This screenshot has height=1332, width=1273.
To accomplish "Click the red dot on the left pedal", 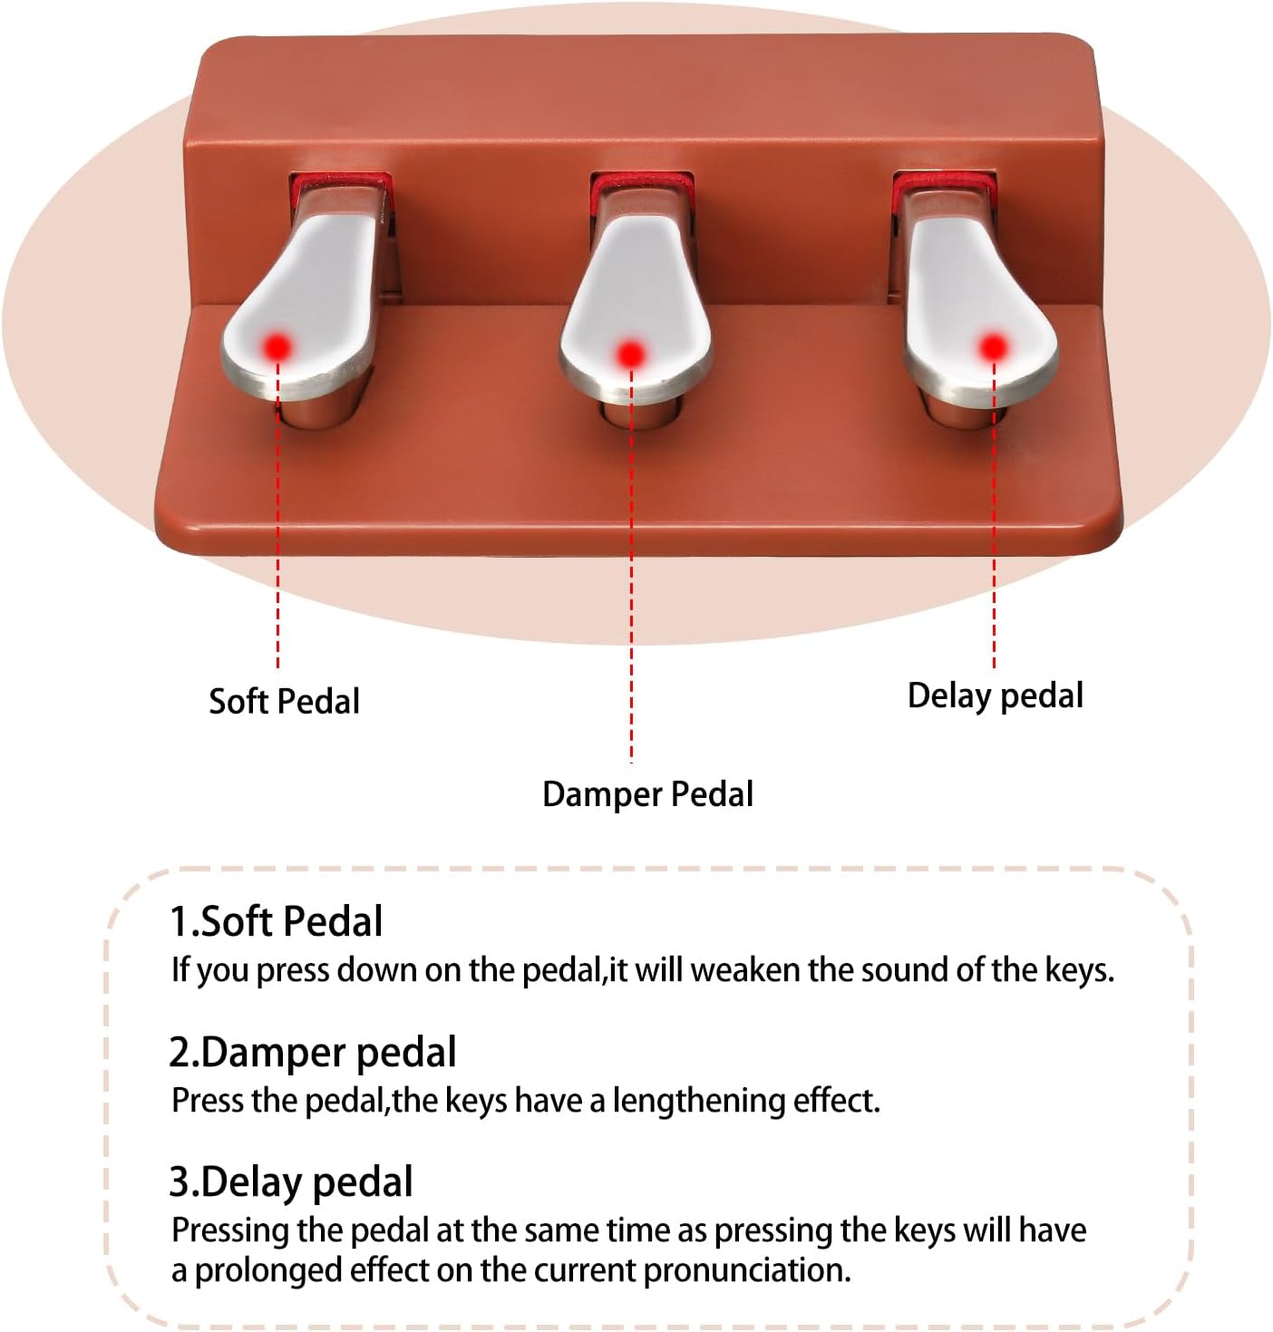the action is click(277, 347).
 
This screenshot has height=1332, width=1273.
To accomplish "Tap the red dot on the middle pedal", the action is click(631, 354).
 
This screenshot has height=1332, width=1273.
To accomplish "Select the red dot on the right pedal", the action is click(994, 347).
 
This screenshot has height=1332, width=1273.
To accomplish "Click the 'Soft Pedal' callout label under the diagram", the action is click(284, 701).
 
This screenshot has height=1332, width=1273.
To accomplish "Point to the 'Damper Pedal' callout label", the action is click(647, 794).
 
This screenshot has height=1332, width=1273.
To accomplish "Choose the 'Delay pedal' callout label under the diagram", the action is click(996, 696).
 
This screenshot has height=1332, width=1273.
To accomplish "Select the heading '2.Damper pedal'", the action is click(313, 1053).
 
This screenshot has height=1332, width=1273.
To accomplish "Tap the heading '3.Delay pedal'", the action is click(291, 1182).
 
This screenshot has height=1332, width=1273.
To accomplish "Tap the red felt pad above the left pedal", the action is click(340, 183).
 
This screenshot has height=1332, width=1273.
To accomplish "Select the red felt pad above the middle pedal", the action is click(641, 183).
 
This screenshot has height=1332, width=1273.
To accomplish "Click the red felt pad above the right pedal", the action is click(943, 182).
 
